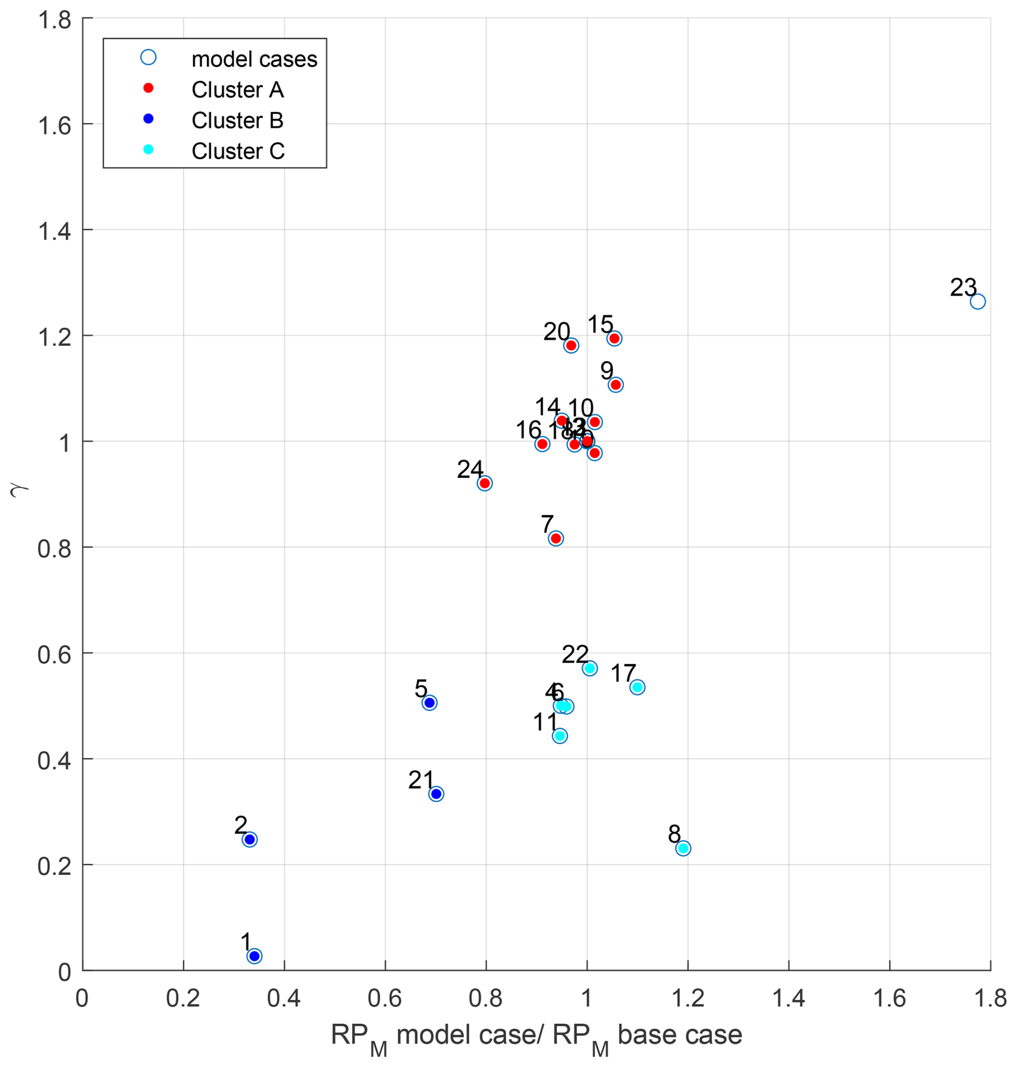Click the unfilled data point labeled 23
(977, 302)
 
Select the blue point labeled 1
(254, 956)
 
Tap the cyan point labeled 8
(683, 848)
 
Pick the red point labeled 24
(485, 483)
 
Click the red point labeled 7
(555, 539)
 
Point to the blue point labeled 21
(436, 794)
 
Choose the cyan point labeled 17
(637, 687)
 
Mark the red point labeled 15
(614, 338)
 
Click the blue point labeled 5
(429, 703)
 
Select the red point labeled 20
(571, 346)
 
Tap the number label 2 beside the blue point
(241, 825)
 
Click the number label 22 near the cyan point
(575, 654)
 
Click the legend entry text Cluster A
(238, 90)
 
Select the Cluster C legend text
(238, 151)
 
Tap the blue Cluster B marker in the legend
(148, 119)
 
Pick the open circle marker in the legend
(148, 58)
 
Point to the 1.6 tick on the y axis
(54, 126)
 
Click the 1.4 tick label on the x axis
(788, 998)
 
